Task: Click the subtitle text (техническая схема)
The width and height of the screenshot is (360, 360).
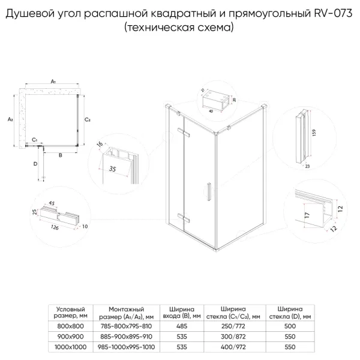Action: point(180,28)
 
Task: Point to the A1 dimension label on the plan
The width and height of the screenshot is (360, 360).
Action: point(53,81)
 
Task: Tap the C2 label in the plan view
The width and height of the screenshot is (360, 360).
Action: point(88,119)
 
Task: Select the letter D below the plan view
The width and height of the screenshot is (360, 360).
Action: point(35,163)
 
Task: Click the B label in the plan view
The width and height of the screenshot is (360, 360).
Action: point(60,155)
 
